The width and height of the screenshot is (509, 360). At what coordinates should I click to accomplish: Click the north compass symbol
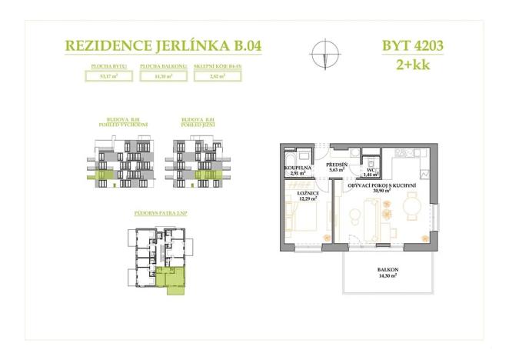click(x=323, y=55)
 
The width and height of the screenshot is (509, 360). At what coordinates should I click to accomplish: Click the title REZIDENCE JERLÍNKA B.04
click(x=163, y=45)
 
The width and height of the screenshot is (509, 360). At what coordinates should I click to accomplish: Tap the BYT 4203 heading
click(x=412, y=45)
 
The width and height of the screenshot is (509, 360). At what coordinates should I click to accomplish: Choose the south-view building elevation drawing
click(x=198, y=161)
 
